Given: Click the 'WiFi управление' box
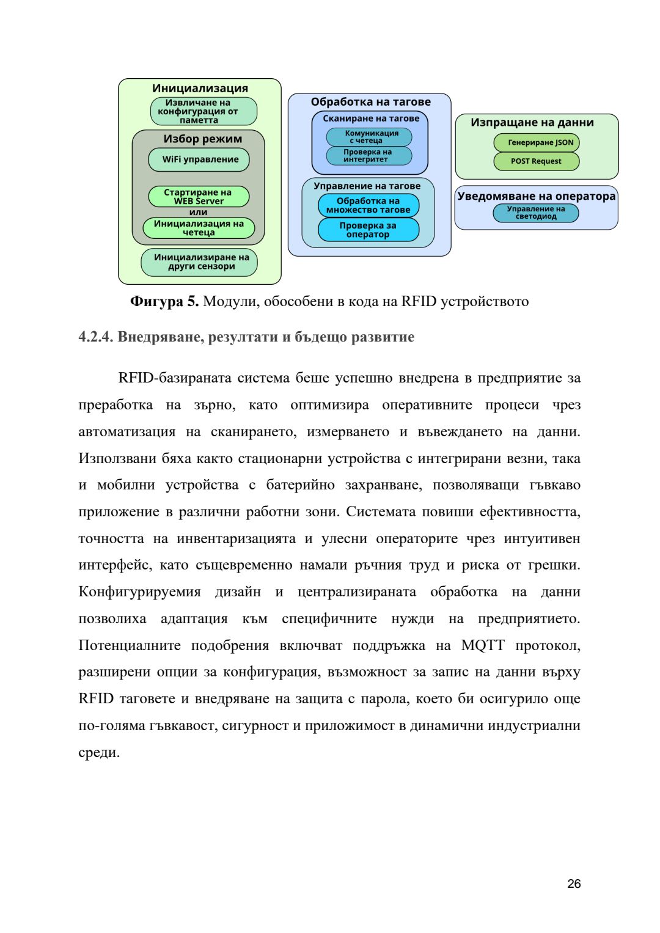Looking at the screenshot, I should (199, 159).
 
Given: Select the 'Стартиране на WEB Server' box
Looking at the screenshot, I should (199, 197).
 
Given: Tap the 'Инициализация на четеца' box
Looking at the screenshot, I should (199, 228).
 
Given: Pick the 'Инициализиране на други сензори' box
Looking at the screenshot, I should (200, 262).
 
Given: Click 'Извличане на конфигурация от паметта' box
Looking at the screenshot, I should (204, 111).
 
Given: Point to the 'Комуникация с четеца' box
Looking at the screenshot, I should (369, 137).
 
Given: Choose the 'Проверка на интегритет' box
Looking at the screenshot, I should (369, 156).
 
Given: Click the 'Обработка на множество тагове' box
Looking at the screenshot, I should (369, 205).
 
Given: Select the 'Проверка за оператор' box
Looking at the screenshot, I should (369, 230).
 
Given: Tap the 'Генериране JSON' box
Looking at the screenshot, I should (537, 143).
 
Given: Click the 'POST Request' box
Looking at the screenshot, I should (536, 161).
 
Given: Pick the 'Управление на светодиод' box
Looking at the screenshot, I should (536, 213).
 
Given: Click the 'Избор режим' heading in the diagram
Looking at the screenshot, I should (202, 139).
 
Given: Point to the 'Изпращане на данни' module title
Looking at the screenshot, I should (532, 122).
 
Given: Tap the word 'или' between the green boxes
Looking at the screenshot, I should (198, 212).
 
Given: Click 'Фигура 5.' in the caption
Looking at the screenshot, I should (164, 301).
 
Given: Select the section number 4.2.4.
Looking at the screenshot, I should (95, 337).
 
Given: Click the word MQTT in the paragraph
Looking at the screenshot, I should (483, 645).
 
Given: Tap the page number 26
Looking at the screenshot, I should (574, 884).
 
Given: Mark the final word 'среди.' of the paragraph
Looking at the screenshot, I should (99, 752).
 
